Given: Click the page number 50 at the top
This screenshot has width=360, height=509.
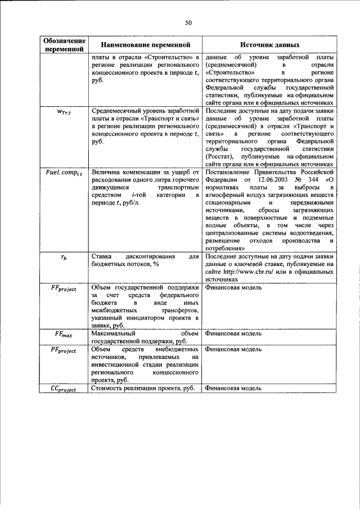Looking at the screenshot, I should tap(189, 22).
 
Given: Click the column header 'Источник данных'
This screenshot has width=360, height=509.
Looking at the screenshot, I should tap(270, 44).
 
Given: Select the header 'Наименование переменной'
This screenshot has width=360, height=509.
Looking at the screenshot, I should tap(145, 44).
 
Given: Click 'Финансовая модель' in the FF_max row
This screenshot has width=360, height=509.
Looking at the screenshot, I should tap(233, 334).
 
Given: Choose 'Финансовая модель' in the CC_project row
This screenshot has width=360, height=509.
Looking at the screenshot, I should tap(233, 388).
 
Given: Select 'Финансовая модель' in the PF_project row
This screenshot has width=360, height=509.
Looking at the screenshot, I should tap(233, 349).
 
